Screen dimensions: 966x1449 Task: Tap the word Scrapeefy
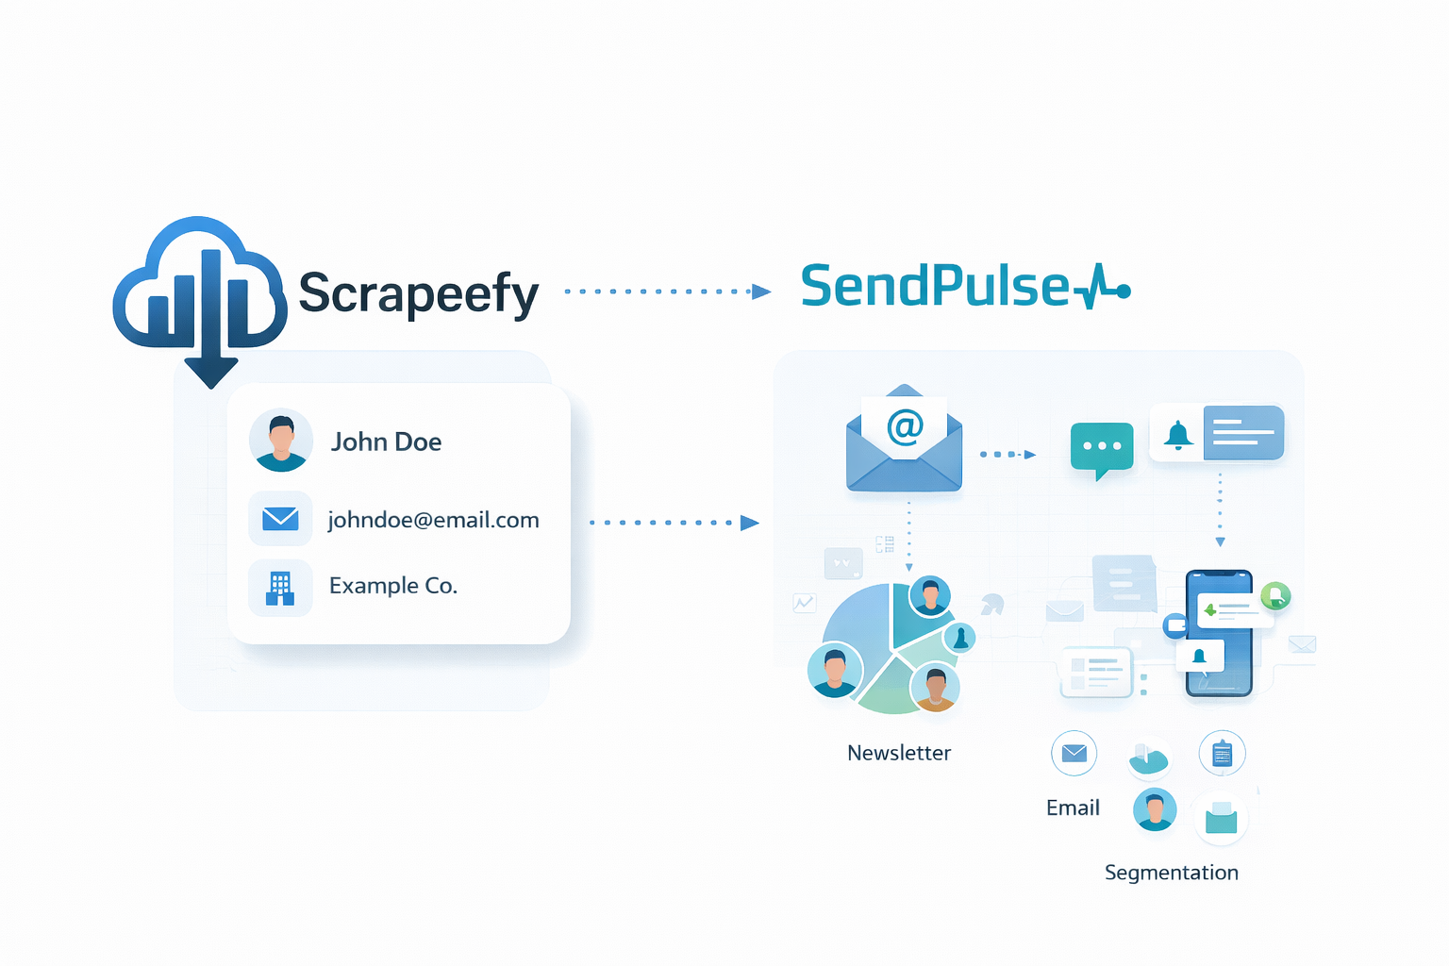click(418, 292)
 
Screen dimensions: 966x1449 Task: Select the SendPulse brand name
click(934, 286)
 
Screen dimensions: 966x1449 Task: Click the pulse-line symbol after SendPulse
click(1102, 287)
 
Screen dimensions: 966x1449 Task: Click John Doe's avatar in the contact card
click(281, 441)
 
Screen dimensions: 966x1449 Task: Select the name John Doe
click(386, 441)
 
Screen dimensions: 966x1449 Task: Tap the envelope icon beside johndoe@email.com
click(280, 518)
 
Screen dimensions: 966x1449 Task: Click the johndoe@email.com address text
click(433, 520)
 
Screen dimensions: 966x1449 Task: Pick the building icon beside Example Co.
click(280, 587)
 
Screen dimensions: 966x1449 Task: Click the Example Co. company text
click(392, 586)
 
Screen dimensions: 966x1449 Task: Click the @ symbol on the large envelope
click(905, 426)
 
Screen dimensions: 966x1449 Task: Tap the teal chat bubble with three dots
click(1102, 448)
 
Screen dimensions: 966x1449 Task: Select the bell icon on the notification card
click(1177, 434)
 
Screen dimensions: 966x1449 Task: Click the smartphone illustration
click(1219, 632)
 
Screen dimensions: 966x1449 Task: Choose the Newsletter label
click(898, 753)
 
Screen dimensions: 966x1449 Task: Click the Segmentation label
click(1171, 873)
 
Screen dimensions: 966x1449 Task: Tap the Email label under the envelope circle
click(1073, 808)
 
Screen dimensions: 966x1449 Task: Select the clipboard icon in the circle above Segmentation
click(1222, 754)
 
